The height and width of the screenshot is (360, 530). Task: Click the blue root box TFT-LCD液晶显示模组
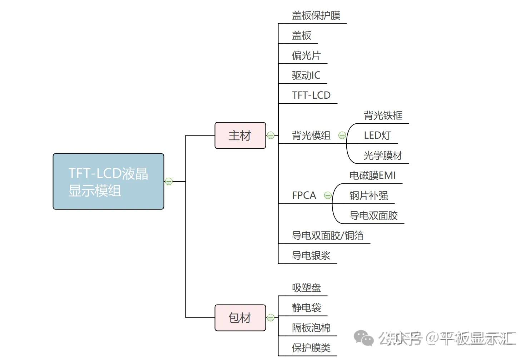[x=108, y=182]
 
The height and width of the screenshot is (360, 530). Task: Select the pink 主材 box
[x=240, y=135]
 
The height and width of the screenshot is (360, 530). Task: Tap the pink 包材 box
[x=240, y=318]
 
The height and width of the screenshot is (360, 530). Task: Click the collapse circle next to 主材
[x=271, y=135]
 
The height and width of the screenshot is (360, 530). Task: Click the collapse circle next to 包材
[x=271, y=318]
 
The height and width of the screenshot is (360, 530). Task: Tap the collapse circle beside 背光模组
[x=342, y=135]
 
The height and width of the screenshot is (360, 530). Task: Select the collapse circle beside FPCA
[x=328, y=196]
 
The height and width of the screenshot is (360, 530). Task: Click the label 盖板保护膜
[x=316, y=15]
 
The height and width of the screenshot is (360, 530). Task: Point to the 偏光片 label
[x=306, y=55]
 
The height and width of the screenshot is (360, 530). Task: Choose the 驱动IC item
[x=306, y=75]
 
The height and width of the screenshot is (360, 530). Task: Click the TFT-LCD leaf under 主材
[x=311, y=95]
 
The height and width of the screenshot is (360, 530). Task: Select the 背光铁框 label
[x=383, y=115]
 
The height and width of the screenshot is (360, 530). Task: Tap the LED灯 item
[x=377, y=135]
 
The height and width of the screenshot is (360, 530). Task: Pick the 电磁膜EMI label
[x=372, y=176]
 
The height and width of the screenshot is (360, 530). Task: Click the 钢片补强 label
[x=369, y=196]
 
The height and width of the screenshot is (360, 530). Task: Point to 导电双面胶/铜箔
[x=328, y=236]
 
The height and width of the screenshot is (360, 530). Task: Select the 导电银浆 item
[x=311, y=256]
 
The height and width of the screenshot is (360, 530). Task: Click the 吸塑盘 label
[x=307, y=288]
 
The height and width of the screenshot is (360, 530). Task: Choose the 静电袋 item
[x=307, y=308]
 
